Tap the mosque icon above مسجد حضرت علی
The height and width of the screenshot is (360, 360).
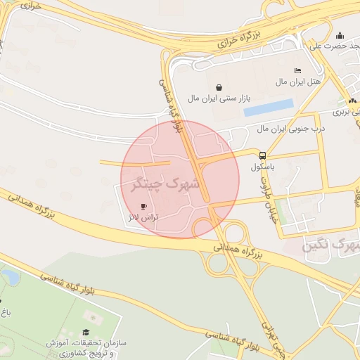click(340, 36)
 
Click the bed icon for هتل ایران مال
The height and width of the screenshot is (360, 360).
click(297, 71)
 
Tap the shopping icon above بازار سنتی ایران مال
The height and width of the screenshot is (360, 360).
click(220, 88)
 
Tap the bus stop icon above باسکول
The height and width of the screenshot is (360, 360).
click(262, 155)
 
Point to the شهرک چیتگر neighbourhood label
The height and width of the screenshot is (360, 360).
click(166, 184)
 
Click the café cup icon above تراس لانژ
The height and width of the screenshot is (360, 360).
click(144, 207)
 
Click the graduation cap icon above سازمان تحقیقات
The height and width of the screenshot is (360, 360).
click(86, 333)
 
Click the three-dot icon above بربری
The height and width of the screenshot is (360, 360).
click(352, 101)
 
